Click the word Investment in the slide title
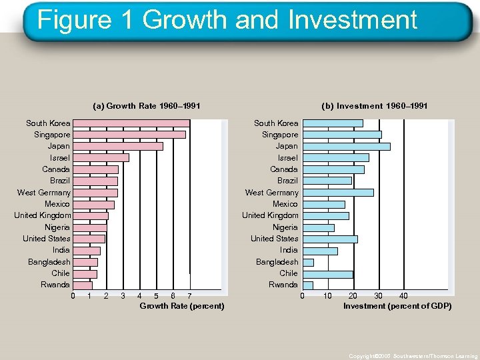pos(353,20)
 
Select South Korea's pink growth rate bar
pos(131,123)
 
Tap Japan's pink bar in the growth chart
pos(117,146)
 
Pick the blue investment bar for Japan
pos(346,146)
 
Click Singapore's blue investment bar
pos(342,135)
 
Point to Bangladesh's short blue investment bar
pos(308,262)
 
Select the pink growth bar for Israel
pos(101,158)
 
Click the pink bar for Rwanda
pos(82,285)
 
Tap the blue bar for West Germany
pos(338,193)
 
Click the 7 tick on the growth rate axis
pos(189,296)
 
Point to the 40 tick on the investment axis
pos(403,296)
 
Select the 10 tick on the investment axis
pos(327,296)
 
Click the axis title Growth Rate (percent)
pos(181,306)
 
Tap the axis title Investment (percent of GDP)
pos(397,306)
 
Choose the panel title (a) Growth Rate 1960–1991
pos(147,106)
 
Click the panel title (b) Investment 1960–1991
pos(374,106)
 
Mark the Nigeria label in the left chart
pos(57,227)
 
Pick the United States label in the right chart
pos(274,239)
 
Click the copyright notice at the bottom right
pos(413,356)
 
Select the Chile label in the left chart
pos(61,273)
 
